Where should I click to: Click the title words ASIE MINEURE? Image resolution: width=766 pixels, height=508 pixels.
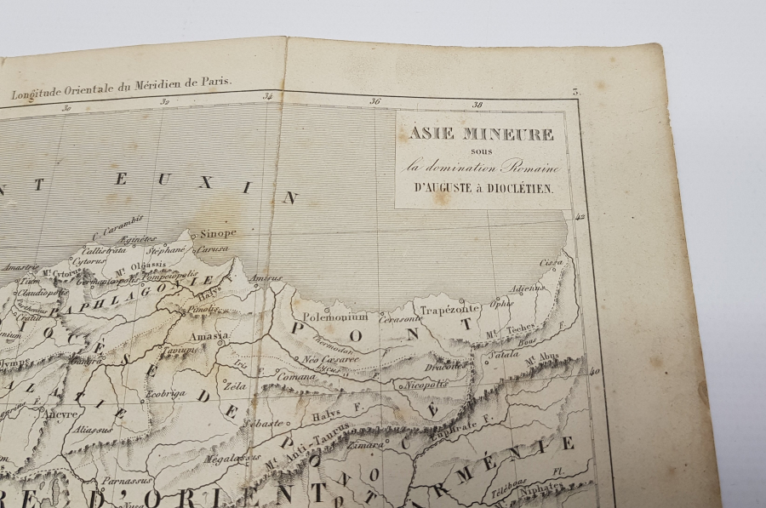pyautogui.click(x=482, y=134)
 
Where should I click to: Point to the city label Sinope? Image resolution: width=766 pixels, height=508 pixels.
pyautogui.click(x=219, y=231)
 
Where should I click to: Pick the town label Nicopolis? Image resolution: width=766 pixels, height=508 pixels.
pyautogui.click(x=426, y=384)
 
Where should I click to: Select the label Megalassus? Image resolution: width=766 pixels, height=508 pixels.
pyautogui.click(x=226, y=459)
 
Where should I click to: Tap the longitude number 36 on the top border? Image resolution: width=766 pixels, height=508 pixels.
pyautogui.click(x=374, y=101)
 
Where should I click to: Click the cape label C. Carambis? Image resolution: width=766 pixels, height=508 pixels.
pyautogui.click(x=118, y=231)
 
